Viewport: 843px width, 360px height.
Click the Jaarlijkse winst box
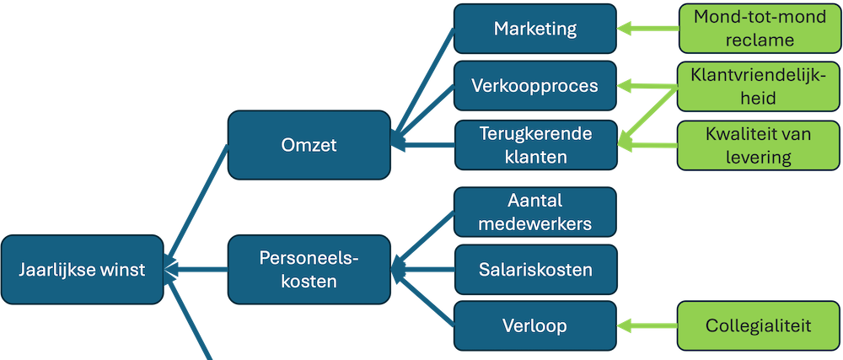pyautogui.click(x=83, y=270)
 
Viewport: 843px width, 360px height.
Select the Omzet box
pyautogui.click(x=309, y=145)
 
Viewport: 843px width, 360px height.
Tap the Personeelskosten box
pyautogui.click(x=309, y=270)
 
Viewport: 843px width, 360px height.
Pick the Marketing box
pyautogui.click(x=534, y=29)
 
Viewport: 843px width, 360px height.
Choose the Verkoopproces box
pyautogui.click(x=534, y=86)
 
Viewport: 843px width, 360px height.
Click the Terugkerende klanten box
pyautogui.click(x=534, y=145)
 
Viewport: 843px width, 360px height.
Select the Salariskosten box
pyautogui.click(x=534, y=270)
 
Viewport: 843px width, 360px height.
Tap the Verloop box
pyautogui.click(x=534, y=325)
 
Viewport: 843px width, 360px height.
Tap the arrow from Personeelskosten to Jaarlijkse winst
pyautogui.click(x=198, y=270)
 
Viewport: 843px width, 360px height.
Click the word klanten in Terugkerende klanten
pyautogui.click(x=534, y=156)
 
